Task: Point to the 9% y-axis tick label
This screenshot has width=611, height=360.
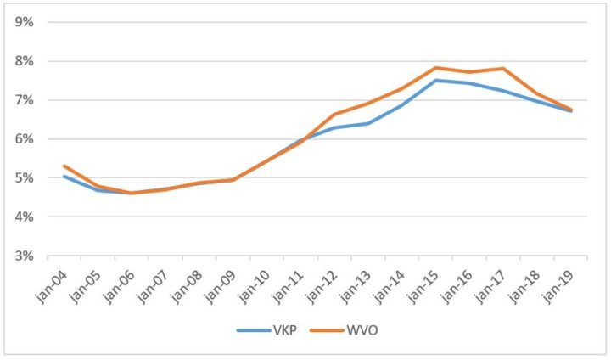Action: coord(23,22)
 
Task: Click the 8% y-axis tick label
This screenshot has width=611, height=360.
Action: coord(23,61)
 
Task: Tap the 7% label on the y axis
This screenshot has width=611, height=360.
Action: coord(23,100)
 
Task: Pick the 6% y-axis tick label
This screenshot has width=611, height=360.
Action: coord(23,139)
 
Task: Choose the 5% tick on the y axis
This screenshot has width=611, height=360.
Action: coord(23,178)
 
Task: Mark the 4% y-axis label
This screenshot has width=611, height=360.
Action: coord(23,217)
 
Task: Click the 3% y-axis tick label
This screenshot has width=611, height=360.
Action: coord(23,256)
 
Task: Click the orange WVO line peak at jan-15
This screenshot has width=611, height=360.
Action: coord(435,68)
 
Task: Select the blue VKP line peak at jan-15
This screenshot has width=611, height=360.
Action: coord(435,81)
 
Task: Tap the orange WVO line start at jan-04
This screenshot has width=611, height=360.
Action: coord(64,166)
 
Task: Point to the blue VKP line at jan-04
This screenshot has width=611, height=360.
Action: coord(64,177)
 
